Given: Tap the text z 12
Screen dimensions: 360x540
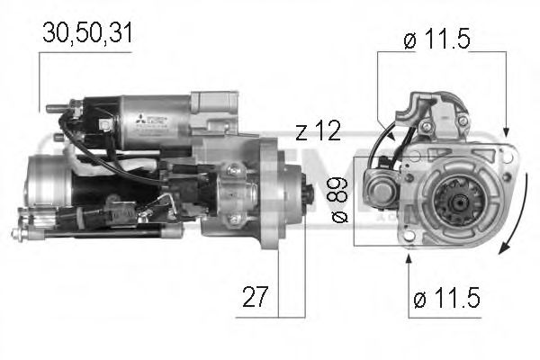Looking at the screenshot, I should click(x=317, y=131).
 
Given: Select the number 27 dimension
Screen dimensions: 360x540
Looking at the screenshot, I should click(x=256, y=298).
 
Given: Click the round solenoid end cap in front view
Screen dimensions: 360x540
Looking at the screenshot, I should click(x=378, y=190).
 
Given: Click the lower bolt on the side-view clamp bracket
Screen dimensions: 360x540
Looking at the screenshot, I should click(x=236, y=219).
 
